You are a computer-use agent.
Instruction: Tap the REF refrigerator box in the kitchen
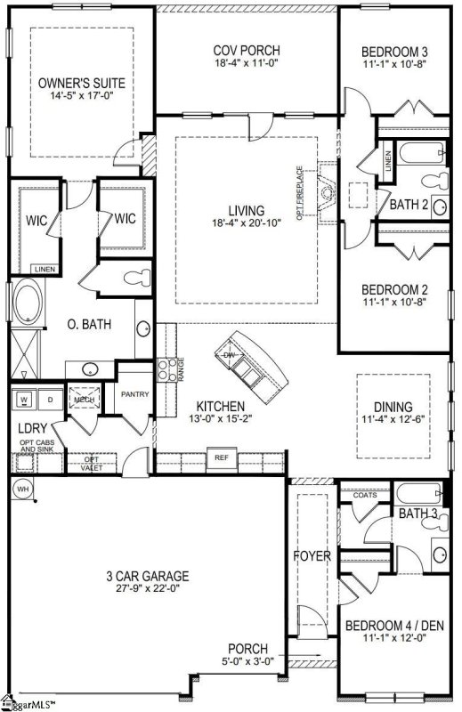[x=222, y=459]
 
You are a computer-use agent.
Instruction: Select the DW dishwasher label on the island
[x=230, y=354]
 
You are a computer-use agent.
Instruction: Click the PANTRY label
[x=135, y=394]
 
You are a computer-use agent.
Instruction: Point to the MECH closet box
[x=85, y=400]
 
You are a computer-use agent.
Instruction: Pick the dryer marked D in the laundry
[x=50, y=400]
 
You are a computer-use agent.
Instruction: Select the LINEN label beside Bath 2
[x=388, y=161]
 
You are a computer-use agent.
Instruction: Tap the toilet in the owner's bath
[x=134, y=277]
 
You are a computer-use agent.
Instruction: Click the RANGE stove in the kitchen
[x=165, y=368]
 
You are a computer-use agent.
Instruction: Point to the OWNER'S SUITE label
[x=81, y=83]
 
